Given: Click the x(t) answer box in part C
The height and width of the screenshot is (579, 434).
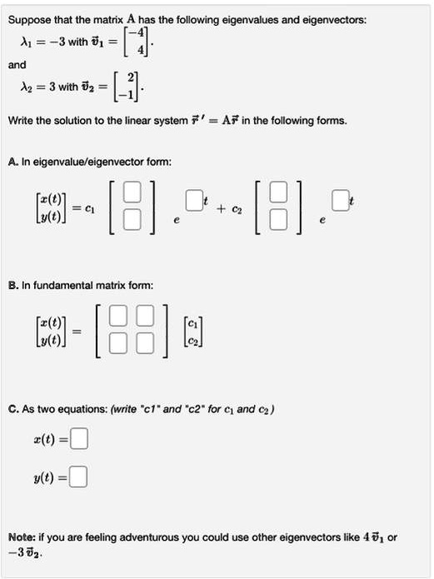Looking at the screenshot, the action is point(79,437).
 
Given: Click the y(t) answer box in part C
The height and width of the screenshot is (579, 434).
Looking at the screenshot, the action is point(79,477).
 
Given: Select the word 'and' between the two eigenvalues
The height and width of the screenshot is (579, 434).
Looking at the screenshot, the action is point(17,65).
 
